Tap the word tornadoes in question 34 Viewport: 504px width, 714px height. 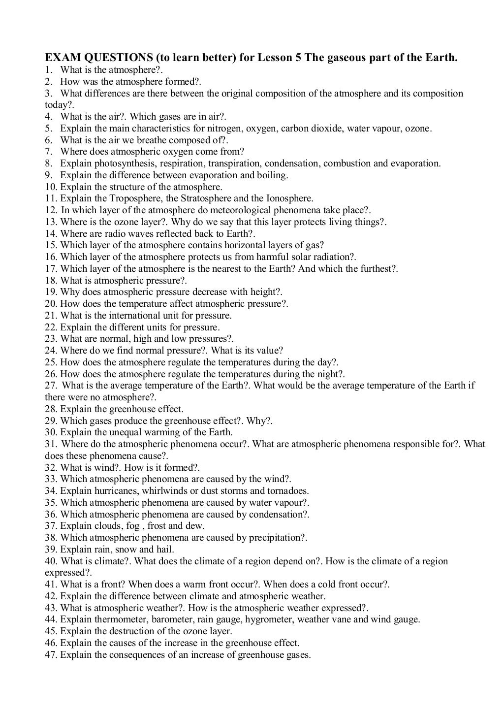click(x=288, y=491)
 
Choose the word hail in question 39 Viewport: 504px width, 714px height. click(x=165, y=549)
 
